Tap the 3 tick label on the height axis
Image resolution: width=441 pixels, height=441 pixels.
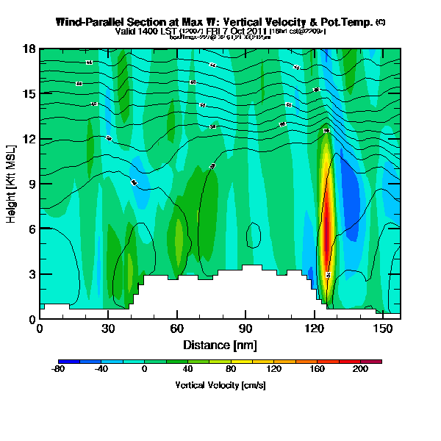33,274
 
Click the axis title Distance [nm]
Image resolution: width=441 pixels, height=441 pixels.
220,344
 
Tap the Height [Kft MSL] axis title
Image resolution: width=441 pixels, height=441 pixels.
12,184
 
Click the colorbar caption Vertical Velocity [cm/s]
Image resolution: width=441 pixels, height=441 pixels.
220,385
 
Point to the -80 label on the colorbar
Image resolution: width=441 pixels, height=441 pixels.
59,370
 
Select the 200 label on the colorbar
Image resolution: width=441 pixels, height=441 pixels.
360,370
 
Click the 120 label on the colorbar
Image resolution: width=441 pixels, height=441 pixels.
274,370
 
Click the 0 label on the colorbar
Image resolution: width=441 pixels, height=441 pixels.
145,370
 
